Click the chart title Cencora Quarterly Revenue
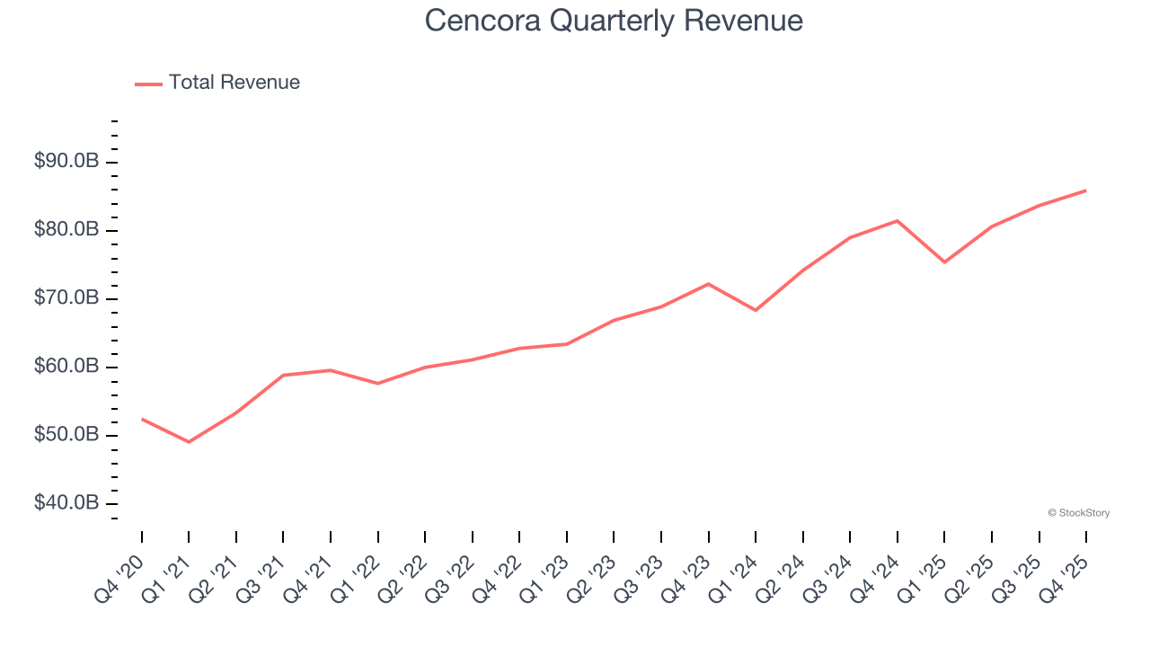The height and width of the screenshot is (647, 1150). (x=614, y=21)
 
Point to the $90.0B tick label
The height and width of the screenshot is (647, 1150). (x=66, y=162)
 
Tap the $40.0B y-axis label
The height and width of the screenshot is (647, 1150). (x=66, y=503)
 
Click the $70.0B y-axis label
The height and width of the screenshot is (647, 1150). (x=66, y=298)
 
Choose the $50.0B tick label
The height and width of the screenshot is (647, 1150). (x=66, y=435)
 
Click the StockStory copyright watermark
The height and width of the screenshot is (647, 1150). (x=1078, y=513)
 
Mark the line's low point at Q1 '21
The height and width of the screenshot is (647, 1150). (x=189, y=442)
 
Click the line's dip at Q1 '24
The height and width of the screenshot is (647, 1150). (x=756, y=310)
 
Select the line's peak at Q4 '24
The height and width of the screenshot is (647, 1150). (x=898, y=220)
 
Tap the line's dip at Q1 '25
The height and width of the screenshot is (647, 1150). (x=944, y=262)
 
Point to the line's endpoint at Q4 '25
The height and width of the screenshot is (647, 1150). (x=1086, y=191)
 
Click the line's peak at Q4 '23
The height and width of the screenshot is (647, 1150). (x=709, y=284)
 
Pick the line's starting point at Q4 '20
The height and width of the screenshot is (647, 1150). (x=142, y=419)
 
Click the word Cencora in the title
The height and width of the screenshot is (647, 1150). (x=482, y=21)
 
